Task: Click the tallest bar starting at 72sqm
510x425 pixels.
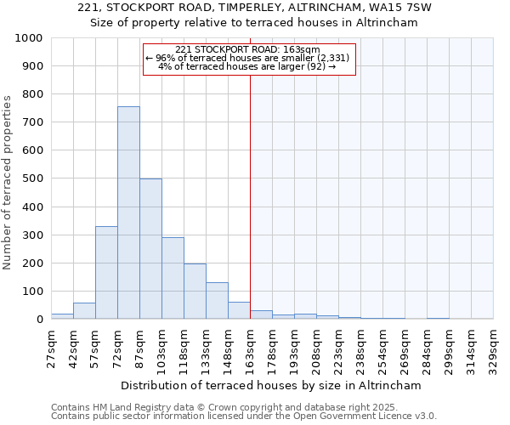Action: (128, 212)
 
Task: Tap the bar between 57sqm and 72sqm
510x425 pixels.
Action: (106, 273)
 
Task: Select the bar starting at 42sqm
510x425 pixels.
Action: (84, 311)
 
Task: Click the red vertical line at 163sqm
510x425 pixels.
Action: (250, 195)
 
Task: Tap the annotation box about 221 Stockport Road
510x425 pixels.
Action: (247, 59)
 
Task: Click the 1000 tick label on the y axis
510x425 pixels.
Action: (29, 38)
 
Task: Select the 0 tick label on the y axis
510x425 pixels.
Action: (39, 319)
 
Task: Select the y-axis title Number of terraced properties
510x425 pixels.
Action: (8, 182)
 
